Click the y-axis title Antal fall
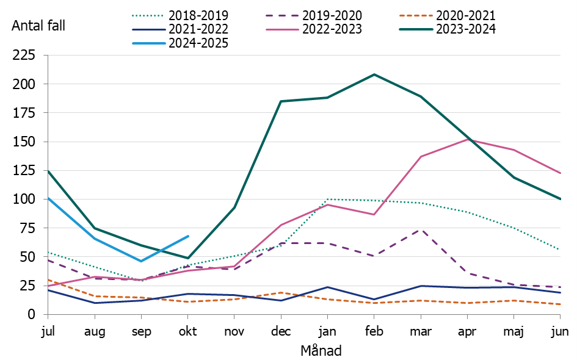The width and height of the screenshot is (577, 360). [x=38, y=26]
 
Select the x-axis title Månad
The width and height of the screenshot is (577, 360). [x=321, y=351]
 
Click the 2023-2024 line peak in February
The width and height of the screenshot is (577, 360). [x=374, y=74]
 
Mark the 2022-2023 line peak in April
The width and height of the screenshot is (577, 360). [x=467, y=139]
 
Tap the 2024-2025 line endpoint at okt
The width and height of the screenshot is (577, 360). [x=188, y=236]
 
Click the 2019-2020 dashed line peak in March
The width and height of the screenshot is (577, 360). [x=421, y=229]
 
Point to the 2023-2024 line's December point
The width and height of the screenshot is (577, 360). [x=281, y=101]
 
